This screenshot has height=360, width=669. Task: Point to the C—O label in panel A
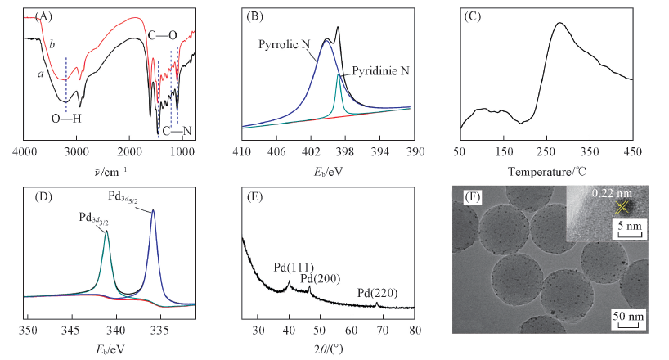pyautogui.click(x=162, y=34)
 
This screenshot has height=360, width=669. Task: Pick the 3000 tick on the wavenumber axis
pyautogui.click(x=76, y=152)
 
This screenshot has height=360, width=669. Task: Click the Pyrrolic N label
pyautogui.click(x=282, y=43)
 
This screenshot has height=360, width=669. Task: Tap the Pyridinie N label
pyautogui.click(x=381, y=71)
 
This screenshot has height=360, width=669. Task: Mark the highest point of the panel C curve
pyautogui.click(x=559, y=23)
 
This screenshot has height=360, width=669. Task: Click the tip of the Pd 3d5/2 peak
pyautogui.click(x=153, y=210)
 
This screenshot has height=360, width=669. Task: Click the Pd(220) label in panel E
pyautogui.click(x=375, y=292)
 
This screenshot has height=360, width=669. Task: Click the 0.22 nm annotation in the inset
pyautogui.click(x=608, y=194)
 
